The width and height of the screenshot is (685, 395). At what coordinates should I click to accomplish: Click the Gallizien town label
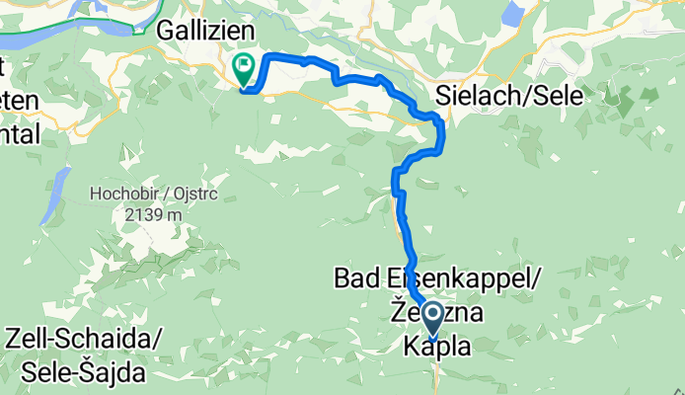point(206,32)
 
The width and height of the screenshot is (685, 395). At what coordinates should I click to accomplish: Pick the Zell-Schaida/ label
point(83,339)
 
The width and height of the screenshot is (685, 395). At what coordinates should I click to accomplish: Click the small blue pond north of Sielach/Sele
point(512,14)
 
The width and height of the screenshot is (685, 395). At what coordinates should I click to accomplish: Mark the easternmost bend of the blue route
point(443,133)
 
